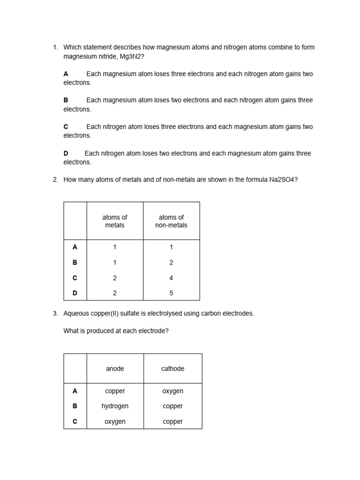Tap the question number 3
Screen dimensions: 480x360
pyautogui.click(x=55, y=314)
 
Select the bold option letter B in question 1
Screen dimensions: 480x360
pyautogui.click(x=66, y=100)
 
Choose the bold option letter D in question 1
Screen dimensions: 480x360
pyautogui.click(x=66, y=154)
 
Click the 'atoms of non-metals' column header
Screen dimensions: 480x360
pyautogui.click(x=171, y=221)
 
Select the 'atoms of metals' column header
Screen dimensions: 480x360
pyautogui.click(x=115, y=221)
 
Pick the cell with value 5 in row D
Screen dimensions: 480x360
pyautogui.click(x=171, y=293)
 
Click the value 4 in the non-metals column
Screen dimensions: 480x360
pyautogui.click(x=171, y=278)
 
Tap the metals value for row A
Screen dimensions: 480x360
pyautogui.click(x=115, y=247)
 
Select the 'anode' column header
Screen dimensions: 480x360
pyautogui.click(x=115, y=369)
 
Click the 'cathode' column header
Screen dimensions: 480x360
pyautogui.click(x=172, y=369)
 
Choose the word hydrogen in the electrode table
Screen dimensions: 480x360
pyautogui.click(x=115, y=406)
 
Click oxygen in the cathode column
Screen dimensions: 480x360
pyautogui.click(x=172, y=391)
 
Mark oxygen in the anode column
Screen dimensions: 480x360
pyautogui.click(x=115, y=422)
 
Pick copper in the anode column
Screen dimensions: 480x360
pyautogui.click(x=115, y=391)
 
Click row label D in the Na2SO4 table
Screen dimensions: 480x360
pyautogui.click(x=75, y=293)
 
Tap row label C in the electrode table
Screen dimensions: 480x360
pyautogui.click(x=75, y=422)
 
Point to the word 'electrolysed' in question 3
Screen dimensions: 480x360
pyautogui.click(x=147, y=314)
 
